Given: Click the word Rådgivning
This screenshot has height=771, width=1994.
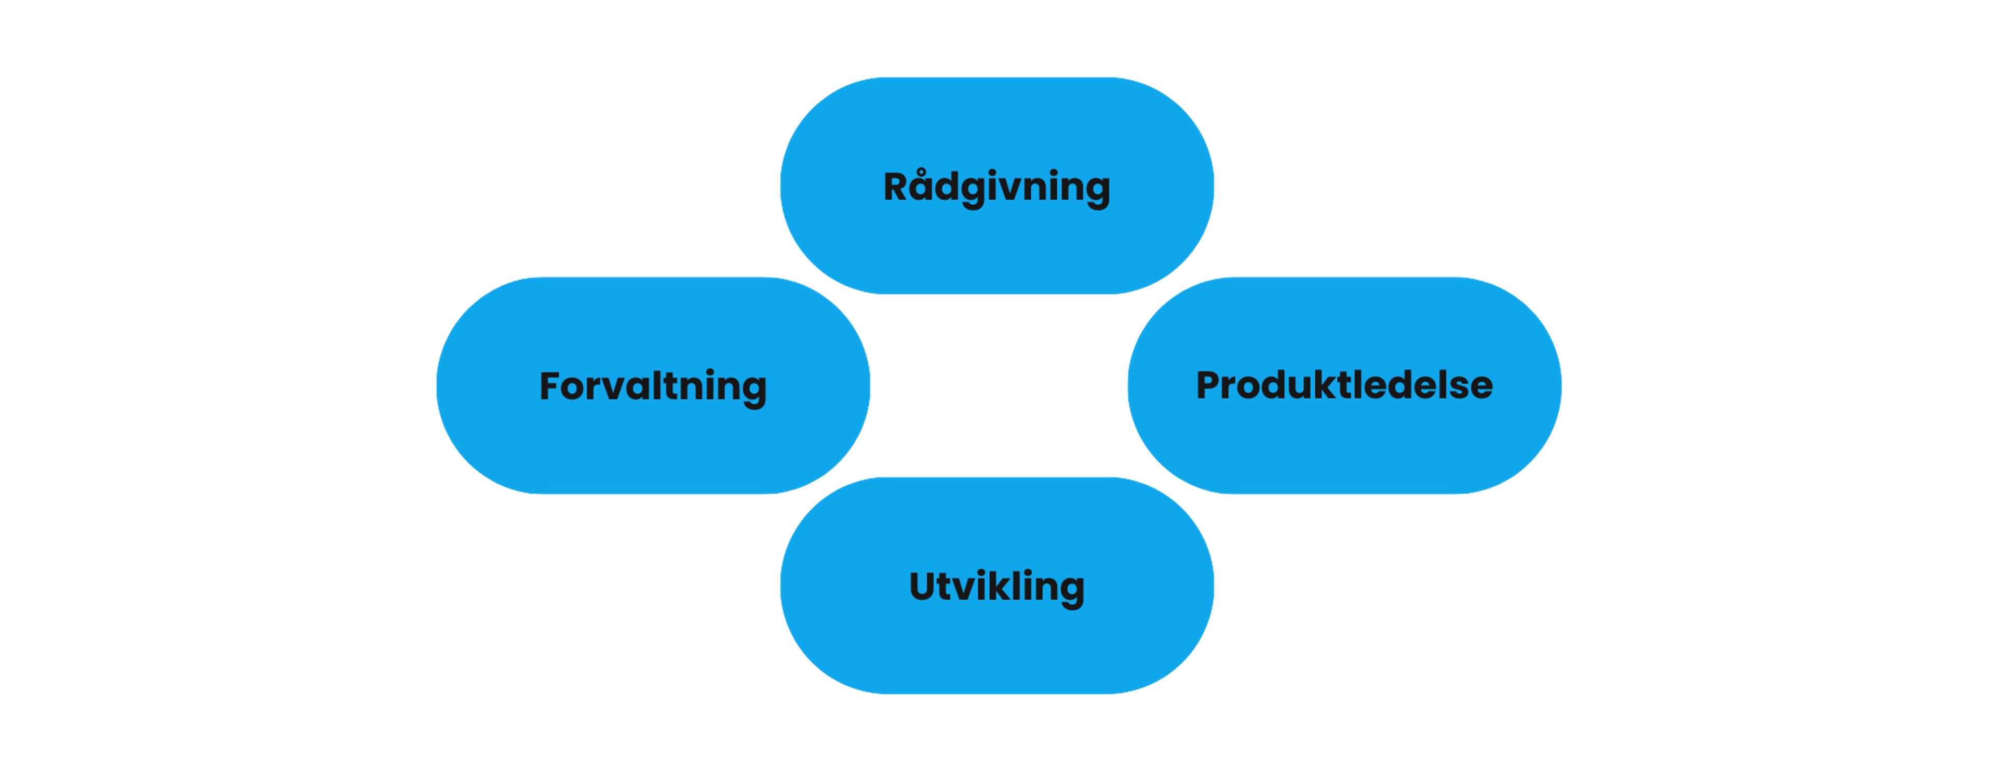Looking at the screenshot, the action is tap(997, 188).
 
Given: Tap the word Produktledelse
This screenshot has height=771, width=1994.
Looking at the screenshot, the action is tap(1344, 385).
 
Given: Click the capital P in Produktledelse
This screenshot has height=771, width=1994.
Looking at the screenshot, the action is tap(1210, 385).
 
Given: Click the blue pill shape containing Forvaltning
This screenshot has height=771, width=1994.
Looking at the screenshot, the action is tap(653, 385).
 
